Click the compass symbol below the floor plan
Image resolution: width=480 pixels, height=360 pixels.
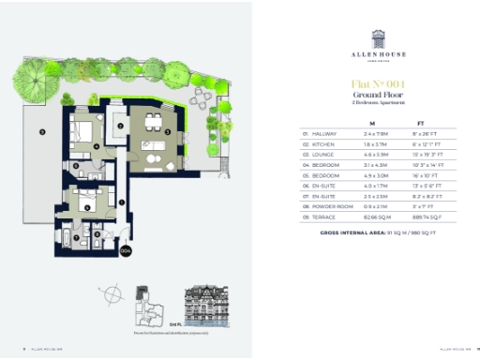coord(113,293)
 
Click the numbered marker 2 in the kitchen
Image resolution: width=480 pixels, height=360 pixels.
coord(120,127)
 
